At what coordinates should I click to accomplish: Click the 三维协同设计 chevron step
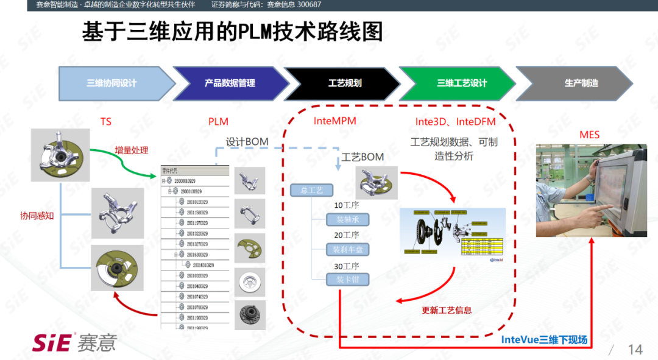tap(112, 83)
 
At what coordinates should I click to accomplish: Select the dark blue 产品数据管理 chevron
tap(230, 83)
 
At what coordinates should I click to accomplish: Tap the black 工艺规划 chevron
tap(345, 83)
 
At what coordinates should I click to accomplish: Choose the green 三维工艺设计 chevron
tap(462, 83)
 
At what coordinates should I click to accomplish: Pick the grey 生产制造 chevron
tap(581, 83)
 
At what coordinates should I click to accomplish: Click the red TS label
tap(106, 122)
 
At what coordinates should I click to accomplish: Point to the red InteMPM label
tap(334, 121)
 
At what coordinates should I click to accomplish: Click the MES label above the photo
tap(589, 135)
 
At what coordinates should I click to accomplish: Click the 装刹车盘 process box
tap(347, 249)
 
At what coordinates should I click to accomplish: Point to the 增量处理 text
tap(132, 150)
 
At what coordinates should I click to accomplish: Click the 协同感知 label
tap(37, 216)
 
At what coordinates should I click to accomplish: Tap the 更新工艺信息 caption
tap(447, 310)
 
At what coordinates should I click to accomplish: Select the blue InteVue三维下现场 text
tap(544, 340)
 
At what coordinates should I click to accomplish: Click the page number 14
tap(635, 349)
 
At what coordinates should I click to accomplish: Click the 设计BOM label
tap(247, 142)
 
